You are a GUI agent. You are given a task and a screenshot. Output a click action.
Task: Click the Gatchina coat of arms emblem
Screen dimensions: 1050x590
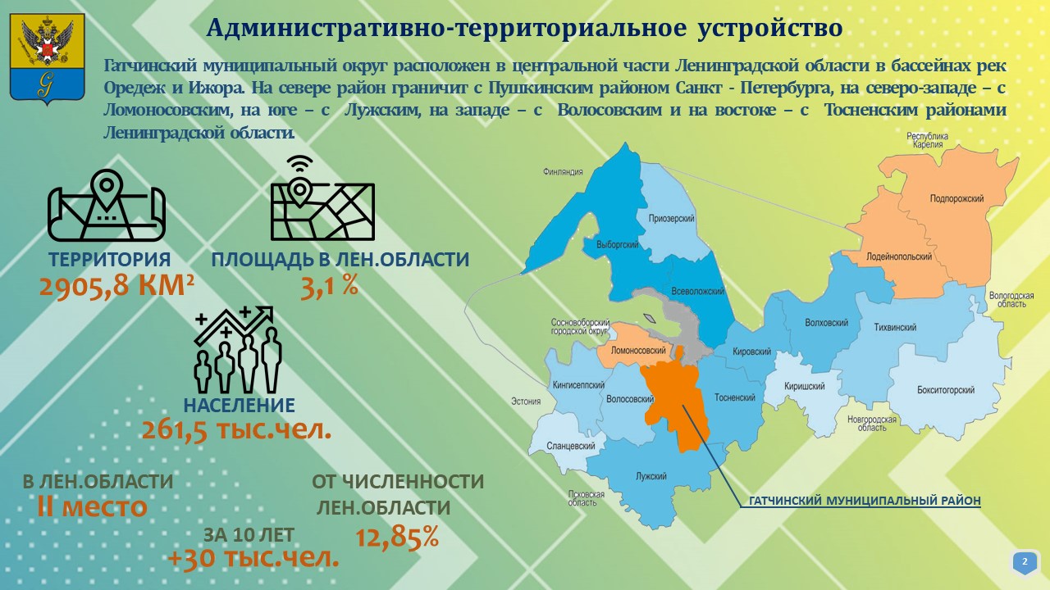[x=48, y=58]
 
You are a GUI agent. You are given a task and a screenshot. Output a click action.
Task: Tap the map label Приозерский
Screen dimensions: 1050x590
[x=671, y=218]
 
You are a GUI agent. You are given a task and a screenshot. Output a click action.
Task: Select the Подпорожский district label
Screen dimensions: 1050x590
[x=956, y=198]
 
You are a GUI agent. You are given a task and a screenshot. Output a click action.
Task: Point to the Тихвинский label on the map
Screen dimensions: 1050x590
[x=895, y=327]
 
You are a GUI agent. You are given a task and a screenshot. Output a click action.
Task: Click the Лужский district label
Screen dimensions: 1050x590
[x=651, y=476]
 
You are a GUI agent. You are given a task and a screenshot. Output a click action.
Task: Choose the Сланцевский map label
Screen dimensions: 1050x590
[x=570, y=446]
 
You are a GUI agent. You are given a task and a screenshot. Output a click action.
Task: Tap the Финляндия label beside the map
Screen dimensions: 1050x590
[x=563, y=172]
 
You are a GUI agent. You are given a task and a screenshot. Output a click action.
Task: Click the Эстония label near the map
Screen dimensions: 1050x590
[x=526, y=402]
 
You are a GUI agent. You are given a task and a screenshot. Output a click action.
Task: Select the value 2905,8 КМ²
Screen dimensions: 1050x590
[x=116, y=286]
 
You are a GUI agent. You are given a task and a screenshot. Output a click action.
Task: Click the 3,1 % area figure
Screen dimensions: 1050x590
[x=330, y=286]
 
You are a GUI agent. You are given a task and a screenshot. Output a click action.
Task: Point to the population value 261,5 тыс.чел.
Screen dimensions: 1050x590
[x=237, y=429]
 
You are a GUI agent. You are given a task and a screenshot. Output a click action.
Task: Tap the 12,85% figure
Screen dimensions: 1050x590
[x=397, y=537]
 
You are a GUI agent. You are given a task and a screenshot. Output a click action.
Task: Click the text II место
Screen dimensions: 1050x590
[x=92, y=506]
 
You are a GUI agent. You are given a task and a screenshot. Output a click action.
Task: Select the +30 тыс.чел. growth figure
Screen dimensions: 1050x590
[x=253, y=558]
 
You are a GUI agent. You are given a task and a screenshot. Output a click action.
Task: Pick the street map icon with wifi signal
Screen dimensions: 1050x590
[x=322, y=198]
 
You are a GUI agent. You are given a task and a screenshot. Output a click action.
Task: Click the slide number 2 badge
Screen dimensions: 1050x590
[x=1025, y=562]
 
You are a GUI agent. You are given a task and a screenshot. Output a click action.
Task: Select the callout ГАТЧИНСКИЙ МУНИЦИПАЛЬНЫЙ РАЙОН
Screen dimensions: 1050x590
[x=865, y=501]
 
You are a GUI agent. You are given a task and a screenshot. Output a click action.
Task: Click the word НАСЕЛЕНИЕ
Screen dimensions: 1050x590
[x=239, y=405]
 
